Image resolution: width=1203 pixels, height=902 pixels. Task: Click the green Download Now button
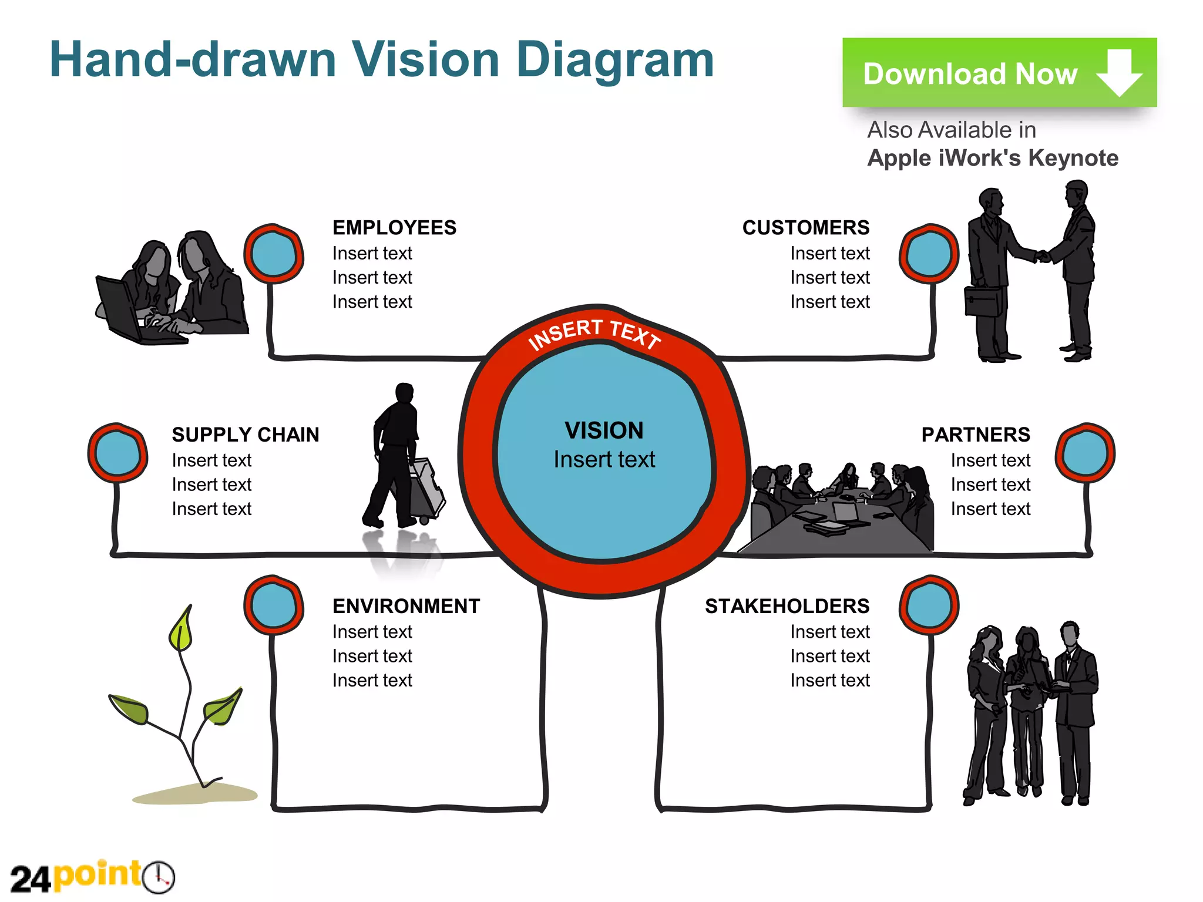tap(999, 73)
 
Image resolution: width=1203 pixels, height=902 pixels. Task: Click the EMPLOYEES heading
tap(394, 228)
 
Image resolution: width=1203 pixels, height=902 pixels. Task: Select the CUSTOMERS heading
tap(805, 228)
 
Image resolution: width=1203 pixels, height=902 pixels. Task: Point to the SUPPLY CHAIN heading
tap(245, 435)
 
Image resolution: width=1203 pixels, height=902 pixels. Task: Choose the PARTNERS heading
tap(975, 435)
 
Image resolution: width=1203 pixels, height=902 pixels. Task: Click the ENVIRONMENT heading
tap(406, 606)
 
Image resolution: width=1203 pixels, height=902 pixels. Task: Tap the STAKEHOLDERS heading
tap(787, 606)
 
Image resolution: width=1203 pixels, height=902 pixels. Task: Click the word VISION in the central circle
tap(604, 430)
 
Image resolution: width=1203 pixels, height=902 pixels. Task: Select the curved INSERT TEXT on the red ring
tap(594, 334)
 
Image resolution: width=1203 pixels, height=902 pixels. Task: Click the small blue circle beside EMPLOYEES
tap(273, 254)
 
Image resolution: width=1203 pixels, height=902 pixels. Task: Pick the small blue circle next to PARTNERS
tap(1084, 453)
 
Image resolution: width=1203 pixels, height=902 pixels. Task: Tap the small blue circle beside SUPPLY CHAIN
tap(117, 453)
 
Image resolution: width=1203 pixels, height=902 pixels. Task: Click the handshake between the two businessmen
tap(1043, 256)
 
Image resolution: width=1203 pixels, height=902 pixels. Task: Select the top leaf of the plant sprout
tap(182, 630)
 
